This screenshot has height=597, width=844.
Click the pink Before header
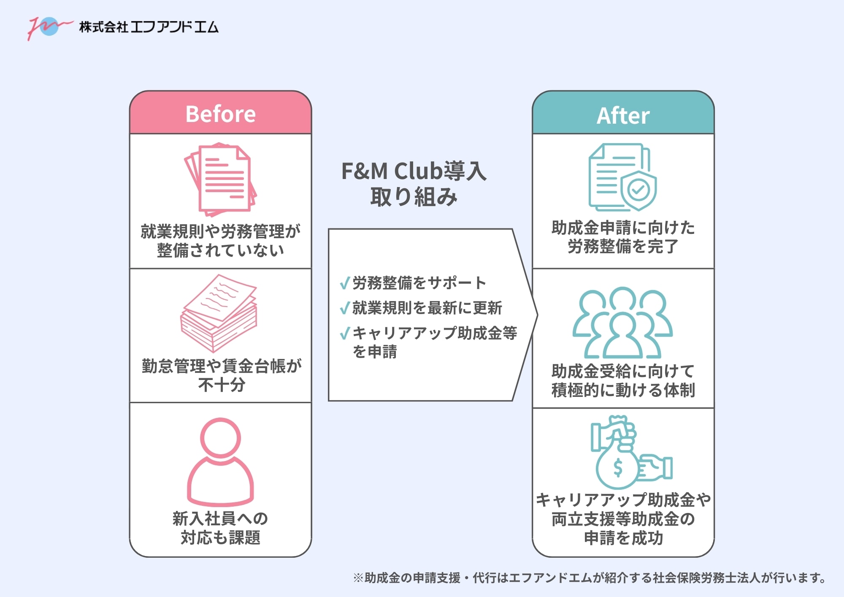(220, 114)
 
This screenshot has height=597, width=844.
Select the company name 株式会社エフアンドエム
(149, 27)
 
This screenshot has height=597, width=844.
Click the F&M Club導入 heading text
(414, 171)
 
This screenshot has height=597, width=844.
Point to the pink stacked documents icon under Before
(220, 179)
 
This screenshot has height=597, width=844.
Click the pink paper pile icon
(219, 313)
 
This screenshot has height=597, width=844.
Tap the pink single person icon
(220, 462)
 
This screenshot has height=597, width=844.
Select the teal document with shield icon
(622, 178)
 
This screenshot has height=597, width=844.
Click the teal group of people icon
(622, 323)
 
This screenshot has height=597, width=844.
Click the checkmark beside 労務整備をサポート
(345, 283)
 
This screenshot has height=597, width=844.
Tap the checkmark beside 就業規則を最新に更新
(345, 308)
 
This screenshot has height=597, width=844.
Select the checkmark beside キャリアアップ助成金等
(345, 334)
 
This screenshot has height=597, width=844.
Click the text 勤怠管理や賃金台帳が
(221, 366)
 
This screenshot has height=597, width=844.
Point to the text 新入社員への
(220, 518)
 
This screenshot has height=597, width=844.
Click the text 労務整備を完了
(623, 246)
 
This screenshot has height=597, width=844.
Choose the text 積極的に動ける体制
(623, 390)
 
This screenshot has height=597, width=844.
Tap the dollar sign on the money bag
(618, 468)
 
